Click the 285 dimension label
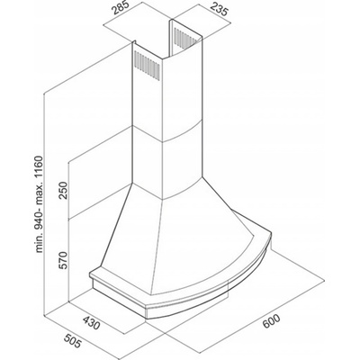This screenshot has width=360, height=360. pos(121,9)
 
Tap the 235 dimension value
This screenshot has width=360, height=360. pos(218,9)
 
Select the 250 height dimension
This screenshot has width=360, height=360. pos(64,190)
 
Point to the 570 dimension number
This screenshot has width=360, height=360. pos(64,260)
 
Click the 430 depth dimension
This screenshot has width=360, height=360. pos(91,322)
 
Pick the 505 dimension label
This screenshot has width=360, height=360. pos(72,340)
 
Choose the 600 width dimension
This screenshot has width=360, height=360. pos(271,321)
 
